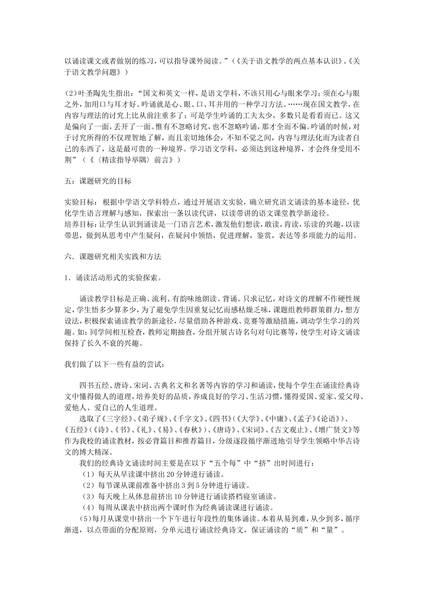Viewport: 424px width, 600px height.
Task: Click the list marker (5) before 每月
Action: pos(72,518)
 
